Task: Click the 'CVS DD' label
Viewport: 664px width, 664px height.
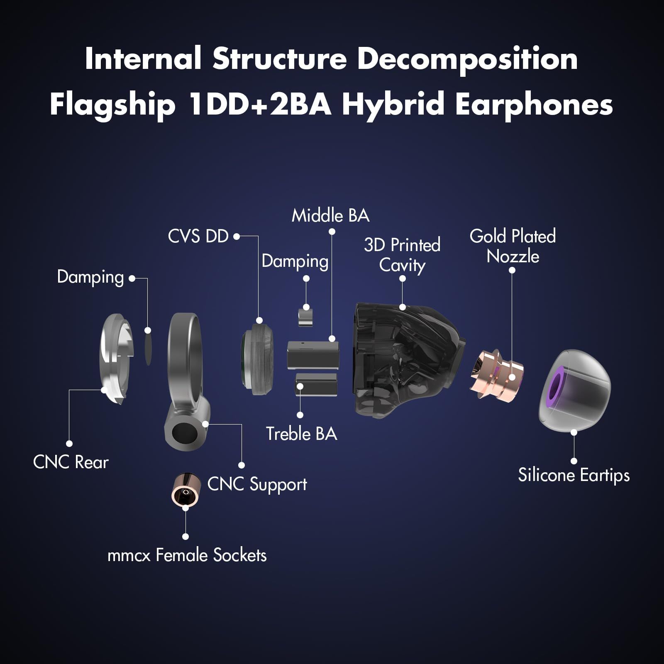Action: click(x=198, y=237)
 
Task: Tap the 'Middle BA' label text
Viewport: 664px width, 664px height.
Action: click(x=330, y=216)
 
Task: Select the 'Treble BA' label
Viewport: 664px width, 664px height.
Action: click(x=301, y=434)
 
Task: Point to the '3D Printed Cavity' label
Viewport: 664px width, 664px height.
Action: click(x=402, y=255)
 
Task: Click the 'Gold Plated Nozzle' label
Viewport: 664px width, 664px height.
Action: click(x=513, y=246)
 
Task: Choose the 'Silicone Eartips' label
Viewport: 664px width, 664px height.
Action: click(x=574, y=475)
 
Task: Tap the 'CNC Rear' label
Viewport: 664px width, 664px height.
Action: click(x=71, y=462)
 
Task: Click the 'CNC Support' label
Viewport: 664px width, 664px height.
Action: click(x=257, y=484)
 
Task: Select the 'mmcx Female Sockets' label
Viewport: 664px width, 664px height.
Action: click(x=187, y=555)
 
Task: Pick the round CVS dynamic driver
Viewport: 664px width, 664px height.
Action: click(x=257, y=359)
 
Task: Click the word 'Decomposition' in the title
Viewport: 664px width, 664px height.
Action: click(x=467, y=59)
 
